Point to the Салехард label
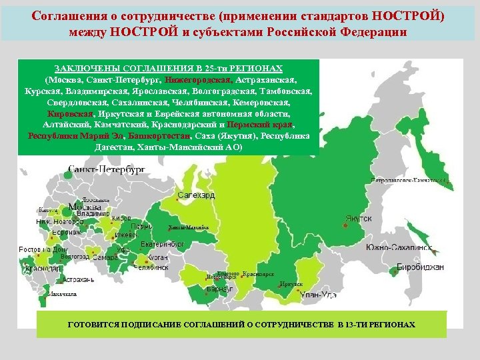(197, 195)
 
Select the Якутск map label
(358, 219)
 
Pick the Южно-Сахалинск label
(399, 247)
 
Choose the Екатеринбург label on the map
(163, 244)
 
